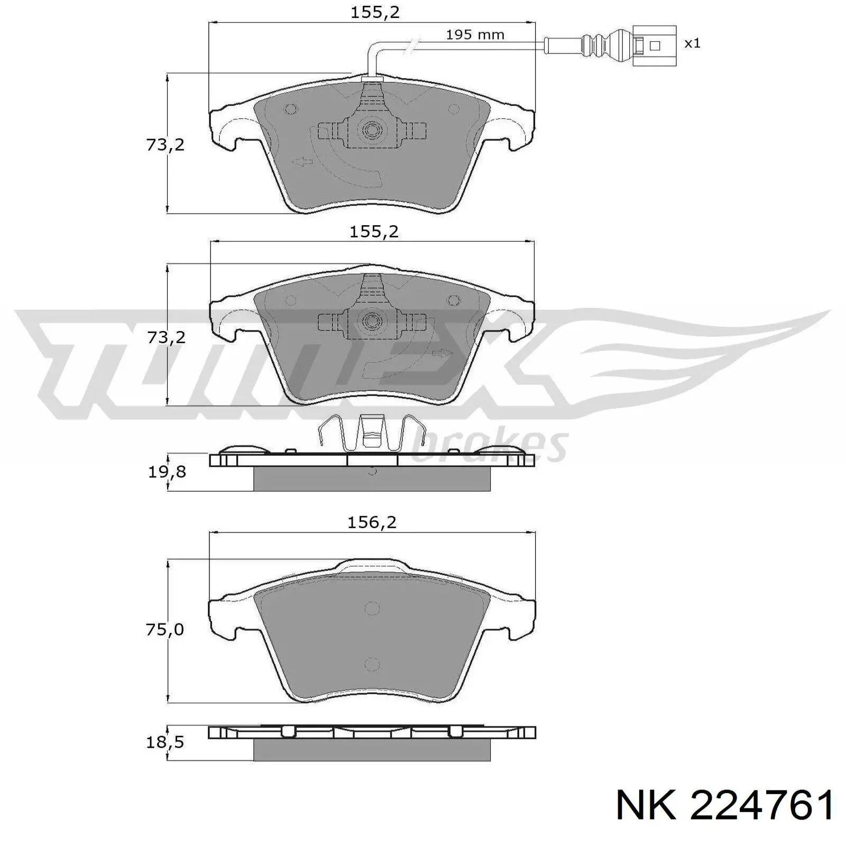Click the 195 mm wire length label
click(x=475, y=35)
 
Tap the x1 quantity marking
click(x=692, y=43)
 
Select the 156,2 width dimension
click(x=372, y=522)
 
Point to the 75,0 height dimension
click(x=165, y=629)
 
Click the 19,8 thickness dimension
click(x=167, y=472)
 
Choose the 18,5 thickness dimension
click(x=165, y=742)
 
